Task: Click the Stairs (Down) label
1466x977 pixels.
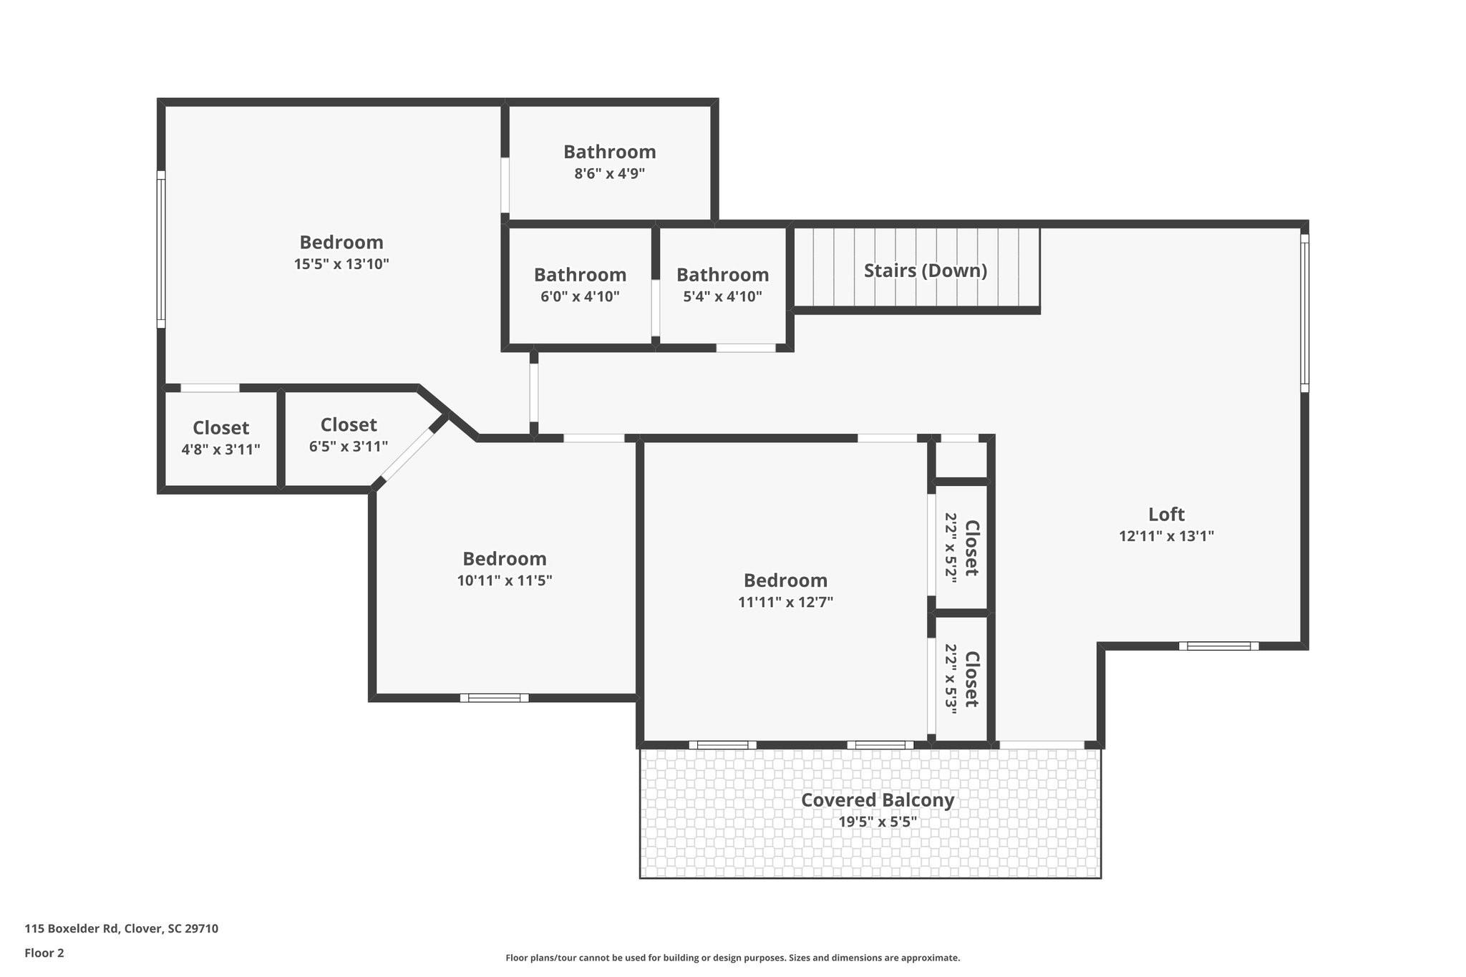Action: tap(925, 271)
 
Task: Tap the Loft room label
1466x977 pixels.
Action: tap(1166, 514)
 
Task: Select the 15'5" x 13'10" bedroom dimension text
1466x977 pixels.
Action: tap(341, 264)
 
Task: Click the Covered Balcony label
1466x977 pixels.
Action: tap(877, 799)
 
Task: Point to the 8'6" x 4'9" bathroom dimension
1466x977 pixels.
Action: tap(609, 173)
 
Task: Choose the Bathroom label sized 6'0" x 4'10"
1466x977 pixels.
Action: tap(580, 275)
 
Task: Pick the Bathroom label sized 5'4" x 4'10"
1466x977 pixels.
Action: tap(722, 275)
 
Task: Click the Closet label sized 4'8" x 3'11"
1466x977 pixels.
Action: tap(220, 428)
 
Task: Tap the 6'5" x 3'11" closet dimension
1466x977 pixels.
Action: tap(349, 447)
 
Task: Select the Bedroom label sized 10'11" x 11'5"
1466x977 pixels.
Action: tap(504, 558)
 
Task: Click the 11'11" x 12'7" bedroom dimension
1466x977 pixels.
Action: tap(785, 602)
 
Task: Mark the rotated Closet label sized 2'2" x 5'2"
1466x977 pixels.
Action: tap(971, 548)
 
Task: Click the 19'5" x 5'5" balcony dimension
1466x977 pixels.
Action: tap(877, 822)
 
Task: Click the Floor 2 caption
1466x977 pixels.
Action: tap(44, 953)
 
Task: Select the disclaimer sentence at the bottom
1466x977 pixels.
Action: tap(732, 958)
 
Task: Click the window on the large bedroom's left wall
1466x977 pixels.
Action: tap(161, 250)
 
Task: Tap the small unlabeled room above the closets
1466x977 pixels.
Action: tap(961, 460)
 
